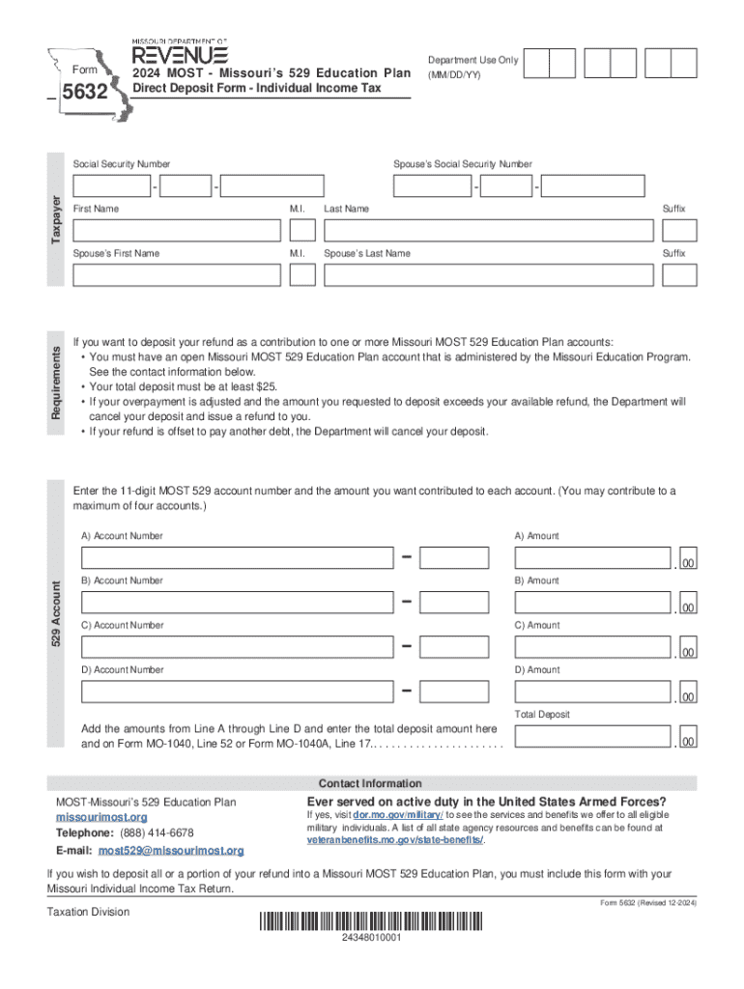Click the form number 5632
click(84, 95)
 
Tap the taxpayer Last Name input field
click(488, 231)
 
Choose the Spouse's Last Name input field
click(488, 275)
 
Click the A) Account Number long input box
click(236, 558)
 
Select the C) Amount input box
click(592, 647)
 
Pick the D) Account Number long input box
click(236, 692)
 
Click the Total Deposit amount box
click(592, 737)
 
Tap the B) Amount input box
click(592, 603)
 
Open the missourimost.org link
click(101, 817)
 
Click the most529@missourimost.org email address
click(171, 851)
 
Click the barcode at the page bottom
click(371, 921)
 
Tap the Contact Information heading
click(370, 783)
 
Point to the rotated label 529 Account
click(57, 613)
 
